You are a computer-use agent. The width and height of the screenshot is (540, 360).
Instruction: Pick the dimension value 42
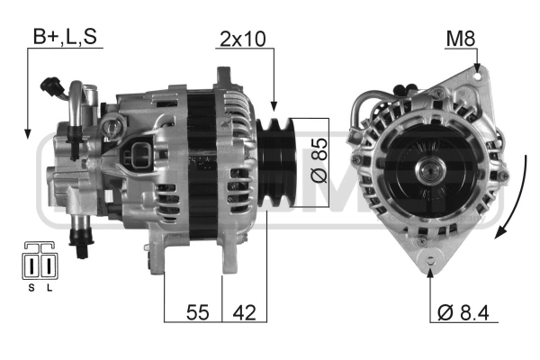[x=244, y=312]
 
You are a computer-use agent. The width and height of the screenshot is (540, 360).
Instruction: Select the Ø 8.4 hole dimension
[x=463, y=312]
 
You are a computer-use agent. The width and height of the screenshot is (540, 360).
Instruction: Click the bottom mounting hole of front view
[x=430, y=258]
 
